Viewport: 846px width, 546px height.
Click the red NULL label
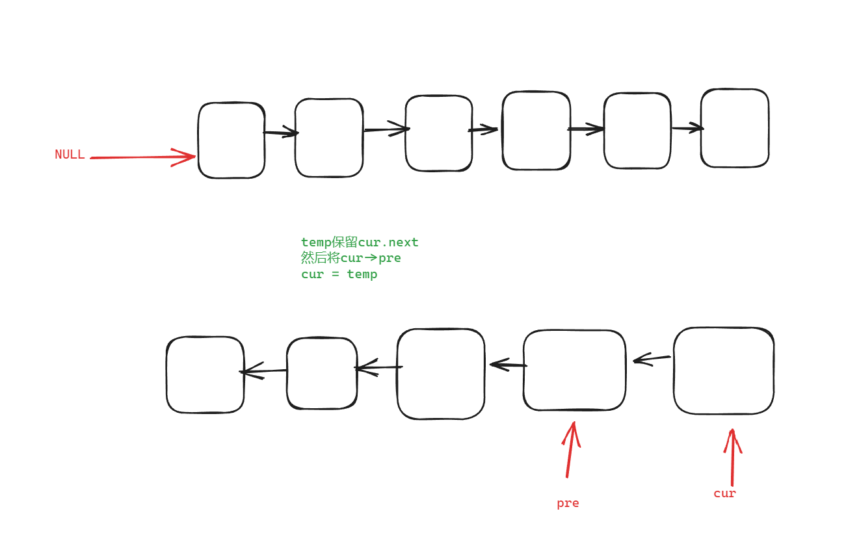70,155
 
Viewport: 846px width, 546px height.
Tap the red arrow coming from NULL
143,157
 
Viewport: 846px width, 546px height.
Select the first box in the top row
231,140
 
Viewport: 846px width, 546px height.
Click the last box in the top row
735,128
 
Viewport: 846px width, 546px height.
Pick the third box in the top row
439,133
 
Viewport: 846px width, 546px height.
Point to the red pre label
568,503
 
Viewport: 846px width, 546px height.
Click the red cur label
724,493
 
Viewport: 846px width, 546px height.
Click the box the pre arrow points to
574,370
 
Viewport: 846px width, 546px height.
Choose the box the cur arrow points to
724,370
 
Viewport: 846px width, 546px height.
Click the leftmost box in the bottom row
205,374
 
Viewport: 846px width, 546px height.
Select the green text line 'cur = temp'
339,274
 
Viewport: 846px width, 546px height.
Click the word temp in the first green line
316,242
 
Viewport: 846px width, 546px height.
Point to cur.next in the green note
388,242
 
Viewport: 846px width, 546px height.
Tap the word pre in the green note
390,258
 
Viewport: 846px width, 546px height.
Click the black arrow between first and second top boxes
280,133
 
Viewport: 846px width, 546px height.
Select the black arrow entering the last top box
687,128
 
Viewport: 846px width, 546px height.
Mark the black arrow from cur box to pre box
651,358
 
